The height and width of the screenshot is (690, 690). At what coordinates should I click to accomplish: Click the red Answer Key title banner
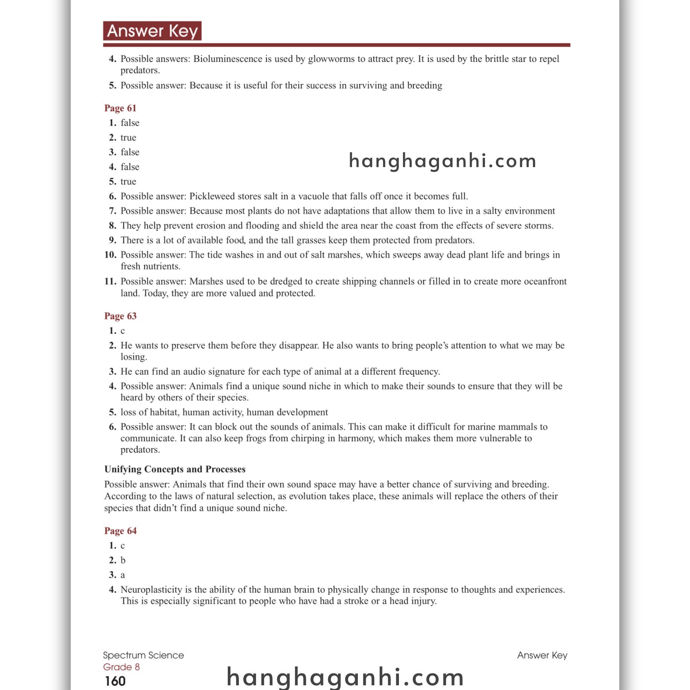(x=152, y=31)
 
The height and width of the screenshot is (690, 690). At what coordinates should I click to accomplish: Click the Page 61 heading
(x=120, y=108)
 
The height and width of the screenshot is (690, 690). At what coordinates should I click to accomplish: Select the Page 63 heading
(x=120, y=316)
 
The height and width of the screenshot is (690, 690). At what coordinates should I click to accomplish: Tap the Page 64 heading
(x=120, y=531)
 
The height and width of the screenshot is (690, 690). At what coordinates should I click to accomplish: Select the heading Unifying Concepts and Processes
(x=175, y=469)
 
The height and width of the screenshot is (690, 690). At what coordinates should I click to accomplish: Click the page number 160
(x=115, y=681)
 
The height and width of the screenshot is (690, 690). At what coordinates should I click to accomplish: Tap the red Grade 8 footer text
(x=121, y=667)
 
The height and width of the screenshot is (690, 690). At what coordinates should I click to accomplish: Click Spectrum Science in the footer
(x=143, y=655)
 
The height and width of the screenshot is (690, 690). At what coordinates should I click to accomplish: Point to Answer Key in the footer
(x=542, y=655)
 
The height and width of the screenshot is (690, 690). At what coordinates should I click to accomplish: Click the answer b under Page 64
(x=123, y=560)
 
